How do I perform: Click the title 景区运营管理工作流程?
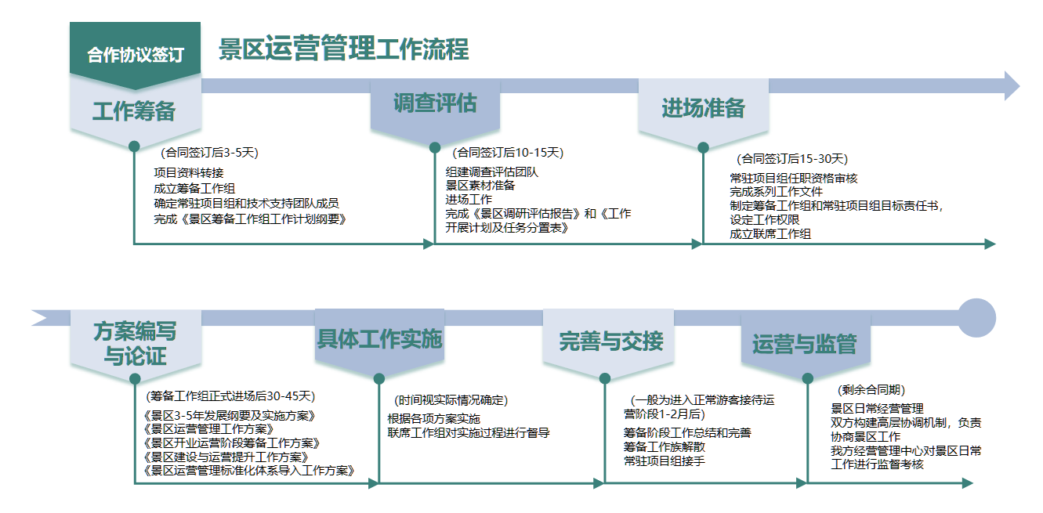coord(344,48)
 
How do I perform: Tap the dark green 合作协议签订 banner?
coord(135,55)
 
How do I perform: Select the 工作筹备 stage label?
coord(134,111)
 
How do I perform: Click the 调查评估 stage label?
coord(435,103)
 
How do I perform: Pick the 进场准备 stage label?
coord(703,108)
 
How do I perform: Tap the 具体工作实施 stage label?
coord(379,339)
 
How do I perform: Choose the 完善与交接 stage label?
coord(611,341)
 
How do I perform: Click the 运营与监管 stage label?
coord(804,344)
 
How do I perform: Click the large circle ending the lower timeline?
coord(976,318)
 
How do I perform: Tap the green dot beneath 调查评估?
coord(435,147)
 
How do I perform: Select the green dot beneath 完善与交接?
coord(605,378)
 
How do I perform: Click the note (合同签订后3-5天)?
coord(209,153)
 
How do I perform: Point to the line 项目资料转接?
coord(189,173)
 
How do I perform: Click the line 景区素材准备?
coord(480,186)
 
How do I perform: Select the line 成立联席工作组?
coord(770,233)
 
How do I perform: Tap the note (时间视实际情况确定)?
coord(451,400)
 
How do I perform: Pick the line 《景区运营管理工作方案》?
coord(208,429)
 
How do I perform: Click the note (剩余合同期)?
coord(871,389)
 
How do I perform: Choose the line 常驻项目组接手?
coord(665,461)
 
